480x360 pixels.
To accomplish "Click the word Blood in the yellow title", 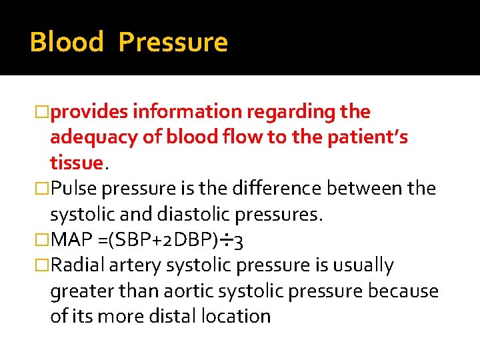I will point(67,42).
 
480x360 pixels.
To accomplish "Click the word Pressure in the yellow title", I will point(173,42).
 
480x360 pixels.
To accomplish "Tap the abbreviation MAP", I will point(69,239).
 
